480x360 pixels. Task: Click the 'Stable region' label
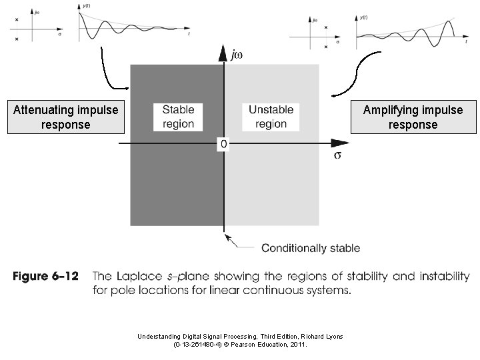pos(178,117)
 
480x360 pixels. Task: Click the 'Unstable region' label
pos(271,117)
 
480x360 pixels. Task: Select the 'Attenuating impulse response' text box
pos(65,117)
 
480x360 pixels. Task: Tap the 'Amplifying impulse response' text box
pos(413,117)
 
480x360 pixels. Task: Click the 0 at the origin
pos(223,144)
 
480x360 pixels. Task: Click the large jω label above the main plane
pos(236,55)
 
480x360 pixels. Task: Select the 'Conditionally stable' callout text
pos(310,248)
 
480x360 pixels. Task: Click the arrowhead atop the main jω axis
pos(223,52)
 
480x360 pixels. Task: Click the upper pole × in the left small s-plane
pos(17,19)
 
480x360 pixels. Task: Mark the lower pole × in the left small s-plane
pos(17,39)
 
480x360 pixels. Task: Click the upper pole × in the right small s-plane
pos(325,27)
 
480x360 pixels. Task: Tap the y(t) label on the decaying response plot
pos(87,5)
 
